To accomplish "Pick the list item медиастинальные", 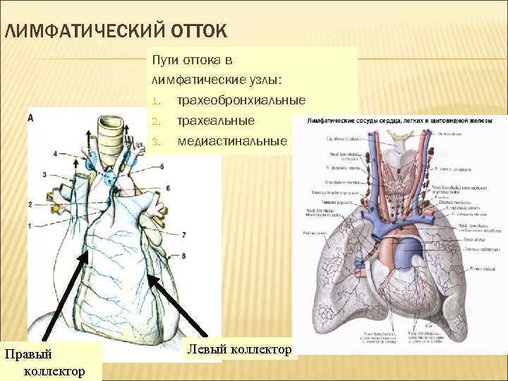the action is coord(232,142).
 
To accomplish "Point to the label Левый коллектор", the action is coord(240,349).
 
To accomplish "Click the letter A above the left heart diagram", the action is coord(30,118).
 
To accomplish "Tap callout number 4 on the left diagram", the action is coord(56,153).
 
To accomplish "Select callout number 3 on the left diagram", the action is coord(44,174).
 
